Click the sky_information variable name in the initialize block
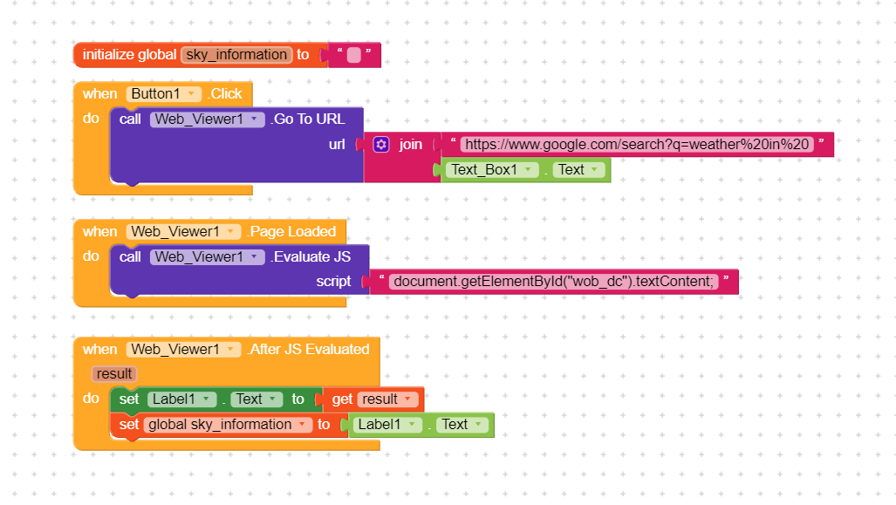pos(236,55)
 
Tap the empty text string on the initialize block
pos(353,55)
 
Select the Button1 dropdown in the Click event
pos(164,93)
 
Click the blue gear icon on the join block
pos(381,145)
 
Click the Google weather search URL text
pos(637,145)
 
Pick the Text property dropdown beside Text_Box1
pos(578,170)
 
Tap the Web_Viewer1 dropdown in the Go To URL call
pos(208,119)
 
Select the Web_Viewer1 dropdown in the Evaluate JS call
pos(208,257)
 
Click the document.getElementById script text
pos(554,282)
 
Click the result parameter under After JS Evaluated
pos(114,374)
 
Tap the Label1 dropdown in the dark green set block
pos(182,399)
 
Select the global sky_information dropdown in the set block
pos(228,425)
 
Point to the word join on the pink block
pos(410,145)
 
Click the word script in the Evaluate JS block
pos(334,282)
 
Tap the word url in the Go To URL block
pos(337,145)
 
